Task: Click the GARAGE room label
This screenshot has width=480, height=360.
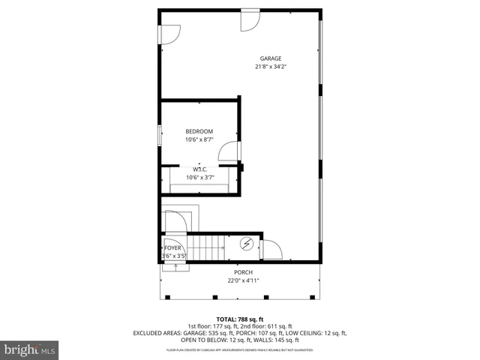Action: coord(271,58)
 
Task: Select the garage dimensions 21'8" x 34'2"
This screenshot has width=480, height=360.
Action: coord(271,67)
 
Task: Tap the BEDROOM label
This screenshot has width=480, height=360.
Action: coord(199,131)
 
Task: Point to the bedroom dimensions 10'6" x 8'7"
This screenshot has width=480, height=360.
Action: coord(199,139)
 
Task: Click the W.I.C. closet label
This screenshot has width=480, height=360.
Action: coord(199,169)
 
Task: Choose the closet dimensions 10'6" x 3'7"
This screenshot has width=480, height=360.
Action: coord(199,177)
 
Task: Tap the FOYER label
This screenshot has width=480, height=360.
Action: coord(172,247)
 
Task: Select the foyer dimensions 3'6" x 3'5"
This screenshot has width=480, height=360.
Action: coord(173,256)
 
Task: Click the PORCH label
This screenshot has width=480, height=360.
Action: coord(241,272)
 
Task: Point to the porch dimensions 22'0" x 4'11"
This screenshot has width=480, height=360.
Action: coord(241,281)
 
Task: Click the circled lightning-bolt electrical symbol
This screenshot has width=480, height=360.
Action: coord(247,245)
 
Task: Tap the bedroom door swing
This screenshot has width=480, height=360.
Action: coord(226,152)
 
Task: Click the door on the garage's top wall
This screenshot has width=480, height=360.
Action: coord(249,20)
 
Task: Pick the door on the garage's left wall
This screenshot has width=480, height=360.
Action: coord(168,34)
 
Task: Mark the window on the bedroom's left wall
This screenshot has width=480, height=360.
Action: coord(159,136)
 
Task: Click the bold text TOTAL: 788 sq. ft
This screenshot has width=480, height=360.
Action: coord(240,319)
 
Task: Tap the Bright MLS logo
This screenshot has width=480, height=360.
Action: coord(30,349)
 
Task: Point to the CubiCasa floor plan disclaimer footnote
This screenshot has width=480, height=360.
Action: coord(240,350)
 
